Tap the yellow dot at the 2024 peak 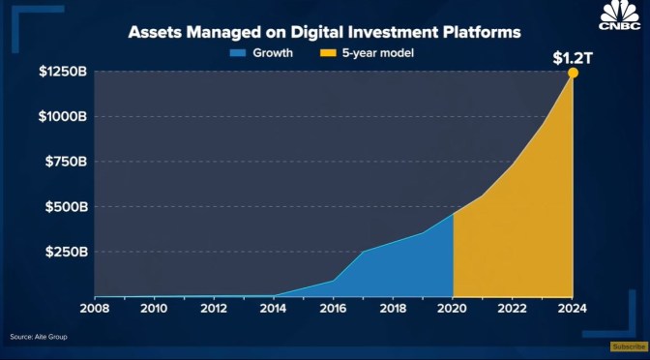pos(573,73)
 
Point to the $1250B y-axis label pos(65,72)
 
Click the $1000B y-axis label pos(65,117)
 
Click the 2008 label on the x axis pos(95,309)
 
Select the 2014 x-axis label pos(275,309)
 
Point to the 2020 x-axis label pos(453,309)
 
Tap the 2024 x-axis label pos(573,309)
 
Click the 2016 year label pos(334,309)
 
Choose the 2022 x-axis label pos(513,309)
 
